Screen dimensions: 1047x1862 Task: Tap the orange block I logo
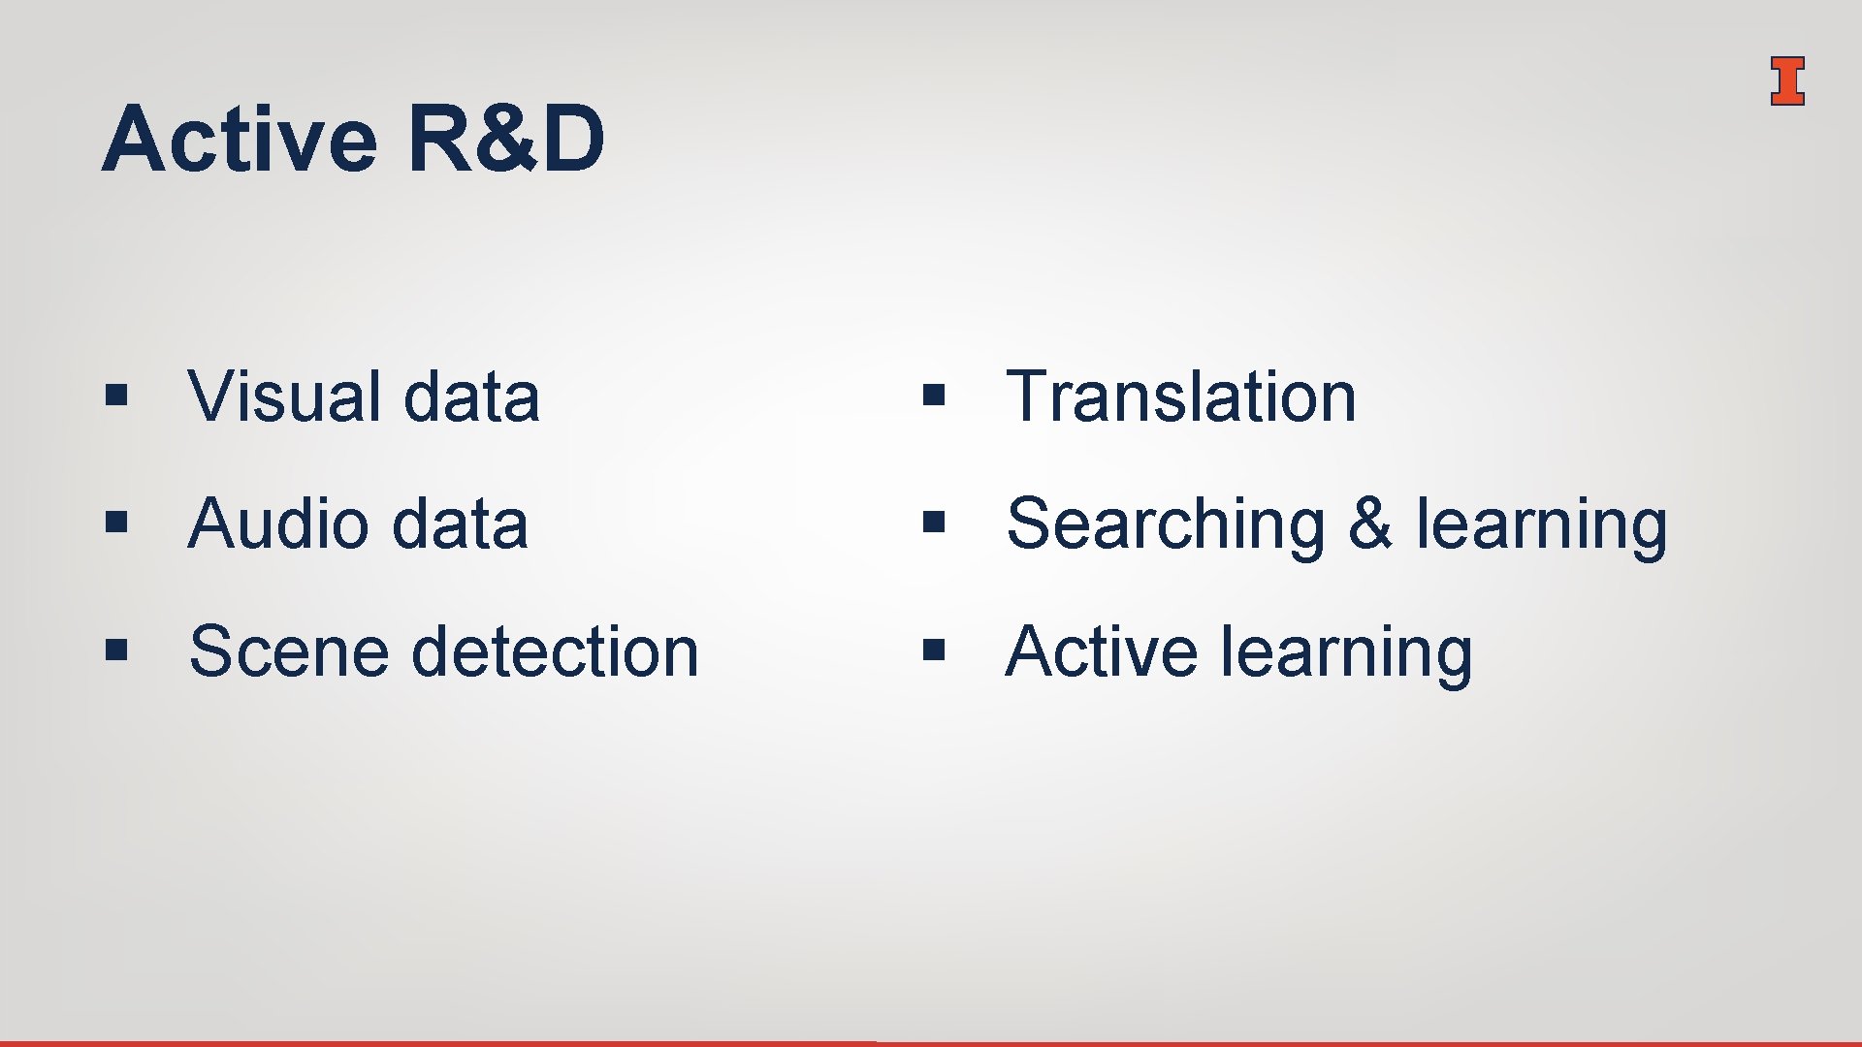(x=1786, y=80)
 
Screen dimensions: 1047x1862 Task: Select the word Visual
(x=284, y=397)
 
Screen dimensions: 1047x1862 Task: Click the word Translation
(x=1181, y=397)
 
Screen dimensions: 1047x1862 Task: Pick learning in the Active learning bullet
(x=1347, y=652)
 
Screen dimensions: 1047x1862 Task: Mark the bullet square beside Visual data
(x=116, y=395)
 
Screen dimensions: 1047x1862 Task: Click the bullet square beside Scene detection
(x=116, y=649)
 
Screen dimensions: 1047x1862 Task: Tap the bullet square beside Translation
(x=934, y=395)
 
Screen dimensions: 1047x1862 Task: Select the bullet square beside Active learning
(x=934, y=649)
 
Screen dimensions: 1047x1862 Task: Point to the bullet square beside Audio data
(x=116, y=523)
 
